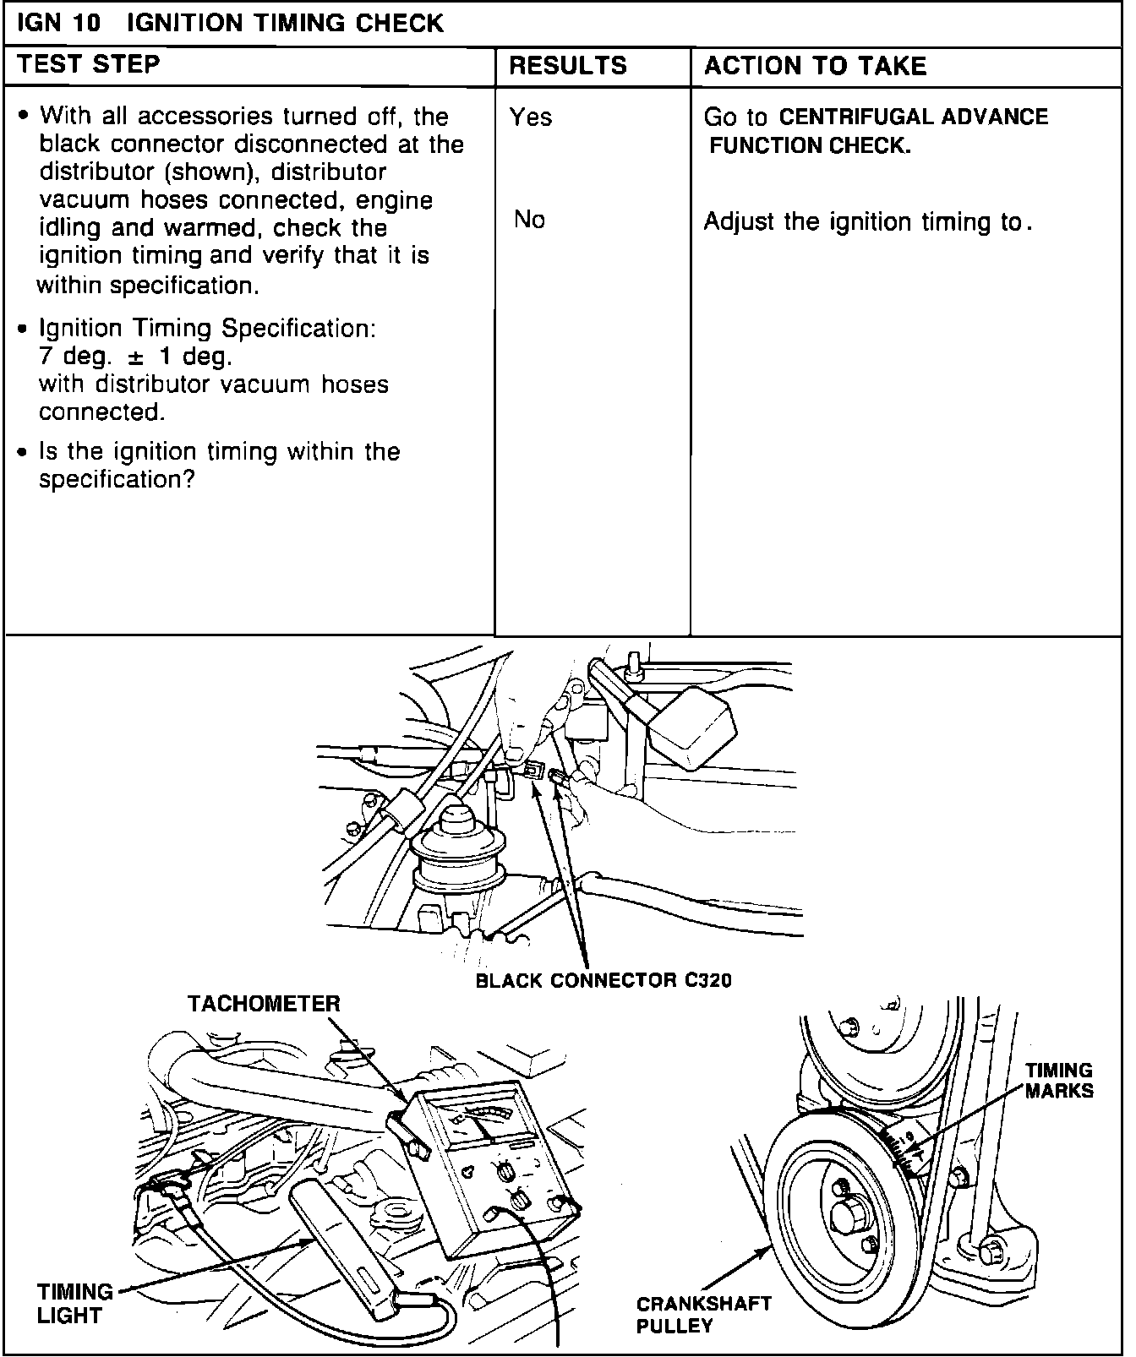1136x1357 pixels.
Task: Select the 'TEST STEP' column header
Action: [89, 64]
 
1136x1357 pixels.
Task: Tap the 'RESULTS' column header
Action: [568, 66]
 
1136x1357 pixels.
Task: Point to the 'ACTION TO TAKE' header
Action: [815, 66]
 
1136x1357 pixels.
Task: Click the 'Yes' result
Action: [531, 117]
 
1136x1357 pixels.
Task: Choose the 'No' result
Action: [530, 221]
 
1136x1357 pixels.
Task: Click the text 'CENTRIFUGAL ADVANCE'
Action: [913, 117]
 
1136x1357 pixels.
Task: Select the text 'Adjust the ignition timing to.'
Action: [868, 222]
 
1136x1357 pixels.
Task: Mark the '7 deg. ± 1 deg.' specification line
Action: [135, 356]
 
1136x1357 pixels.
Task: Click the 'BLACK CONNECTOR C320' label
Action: [603, 980]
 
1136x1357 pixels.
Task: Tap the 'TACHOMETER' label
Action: [264, 1004]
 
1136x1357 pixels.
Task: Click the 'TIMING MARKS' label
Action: [1059, 1081]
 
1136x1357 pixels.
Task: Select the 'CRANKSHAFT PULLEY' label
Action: [703, 1315]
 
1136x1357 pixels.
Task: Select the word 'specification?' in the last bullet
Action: [117, 480]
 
